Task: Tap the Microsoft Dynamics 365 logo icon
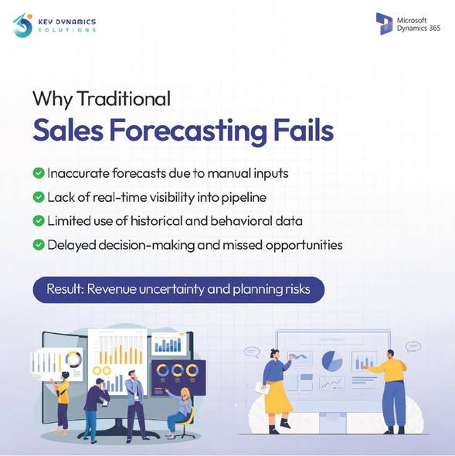384,22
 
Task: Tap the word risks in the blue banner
297,290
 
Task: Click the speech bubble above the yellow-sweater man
412,347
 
